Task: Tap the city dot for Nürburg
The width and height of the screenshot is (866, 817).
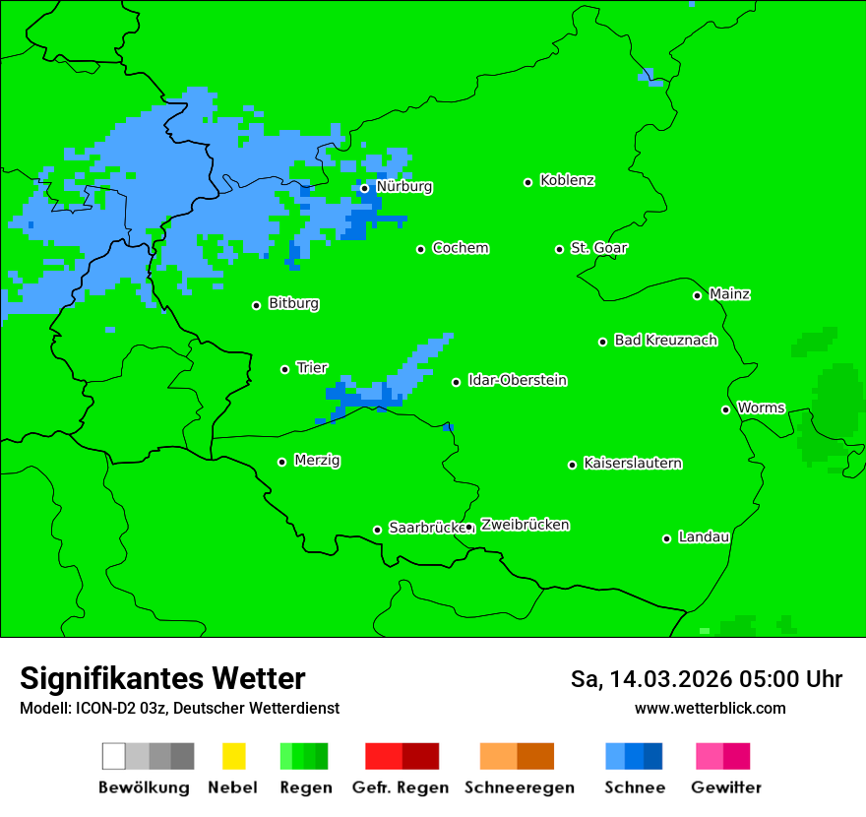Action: click(364, 188)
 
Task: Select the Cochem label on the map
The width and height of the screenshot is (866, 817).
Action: click(461, 248)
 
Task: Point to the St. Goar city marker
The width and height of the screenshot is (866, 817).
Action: click(559, 249)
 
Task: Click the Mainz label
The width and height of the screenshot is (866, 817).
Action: click(729, 294)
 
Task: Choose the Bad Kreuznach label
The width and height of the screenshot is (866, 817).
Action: click(665, 341)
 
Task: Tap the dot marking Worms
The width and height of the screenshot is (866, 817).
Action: click(725, 409)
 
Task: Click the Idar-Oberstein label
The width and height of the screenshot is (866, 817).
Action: click(518, 381)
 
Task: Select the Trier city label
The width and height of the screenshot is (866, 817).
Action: click(312, 368)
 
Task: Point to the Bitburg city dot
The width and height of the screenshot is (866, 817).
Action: click(256, 305)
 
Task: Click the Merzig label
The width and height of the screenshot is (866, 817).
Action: click(317, 461)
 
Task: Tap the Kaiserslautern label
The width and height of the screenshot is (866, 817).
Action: click(633, 464)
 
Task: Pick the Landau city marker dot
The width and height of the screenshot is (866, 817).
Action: click(666, 538)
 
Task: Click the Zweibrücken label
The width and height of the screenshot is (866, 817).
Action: click(525, 526)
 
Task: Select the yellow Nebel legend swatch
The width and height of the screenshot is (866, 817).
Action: click(233, 756)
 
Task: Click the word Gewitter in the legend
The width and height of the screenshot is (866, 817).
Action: click(726, 787)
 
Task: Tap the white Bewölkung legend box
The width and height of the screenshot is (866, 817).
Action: click(114, 756)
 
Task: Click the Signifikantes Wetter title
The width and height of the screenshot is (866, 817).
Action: click(162, 678)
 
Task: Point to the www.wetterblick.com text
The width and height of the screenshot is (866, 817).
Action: click(710, 708)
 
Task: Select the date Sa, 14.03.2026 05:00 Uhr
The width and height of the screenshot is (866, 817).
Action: click(706, 679)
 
